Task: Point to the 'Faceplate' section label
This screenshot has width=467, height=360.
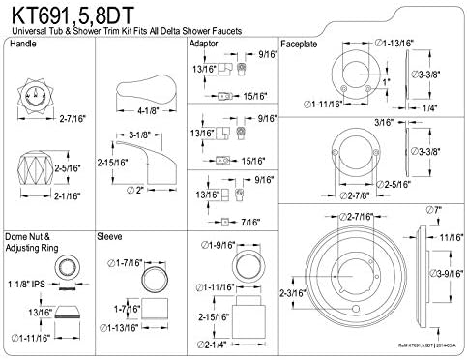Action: point(301,45)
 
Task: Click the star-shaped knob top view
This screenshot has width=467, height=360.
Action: point(37,96)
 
